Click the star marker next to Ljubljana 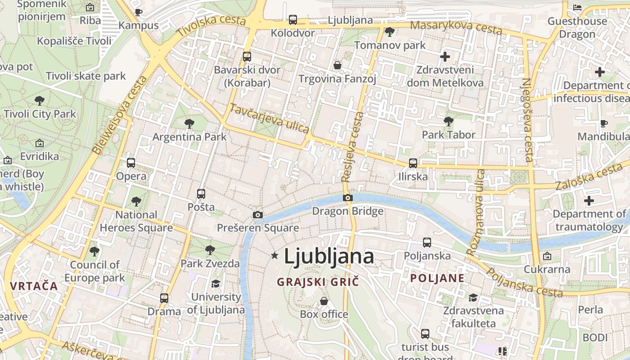tap(274, 256)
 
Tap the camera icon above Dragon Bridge tap(347, 198)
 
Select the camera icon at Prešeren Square tap(258, 215)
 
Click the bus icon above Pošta tap(201, 194)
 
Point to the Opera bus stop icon tap(131, 163)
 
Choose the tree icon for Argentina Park tap(189, 123)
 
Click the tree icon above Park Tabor tap(448, 121)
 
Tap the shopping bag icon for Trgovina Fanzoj tap(337, 66)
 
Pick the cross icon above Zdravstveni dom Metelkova tap(445, 57)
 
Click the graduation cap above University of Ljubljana tap(216, 283)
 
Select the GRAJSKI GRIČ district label tap(318, 282)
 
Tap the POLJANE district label tap(437, 278)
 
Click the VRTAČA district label tap(34, 286)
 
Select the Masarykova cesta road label tap(456, 27)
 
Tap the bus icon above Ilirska tap(413, 163)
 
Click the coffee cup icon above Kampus tap(139, 12)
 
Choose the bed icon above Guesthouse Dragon tap(577, 8)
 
